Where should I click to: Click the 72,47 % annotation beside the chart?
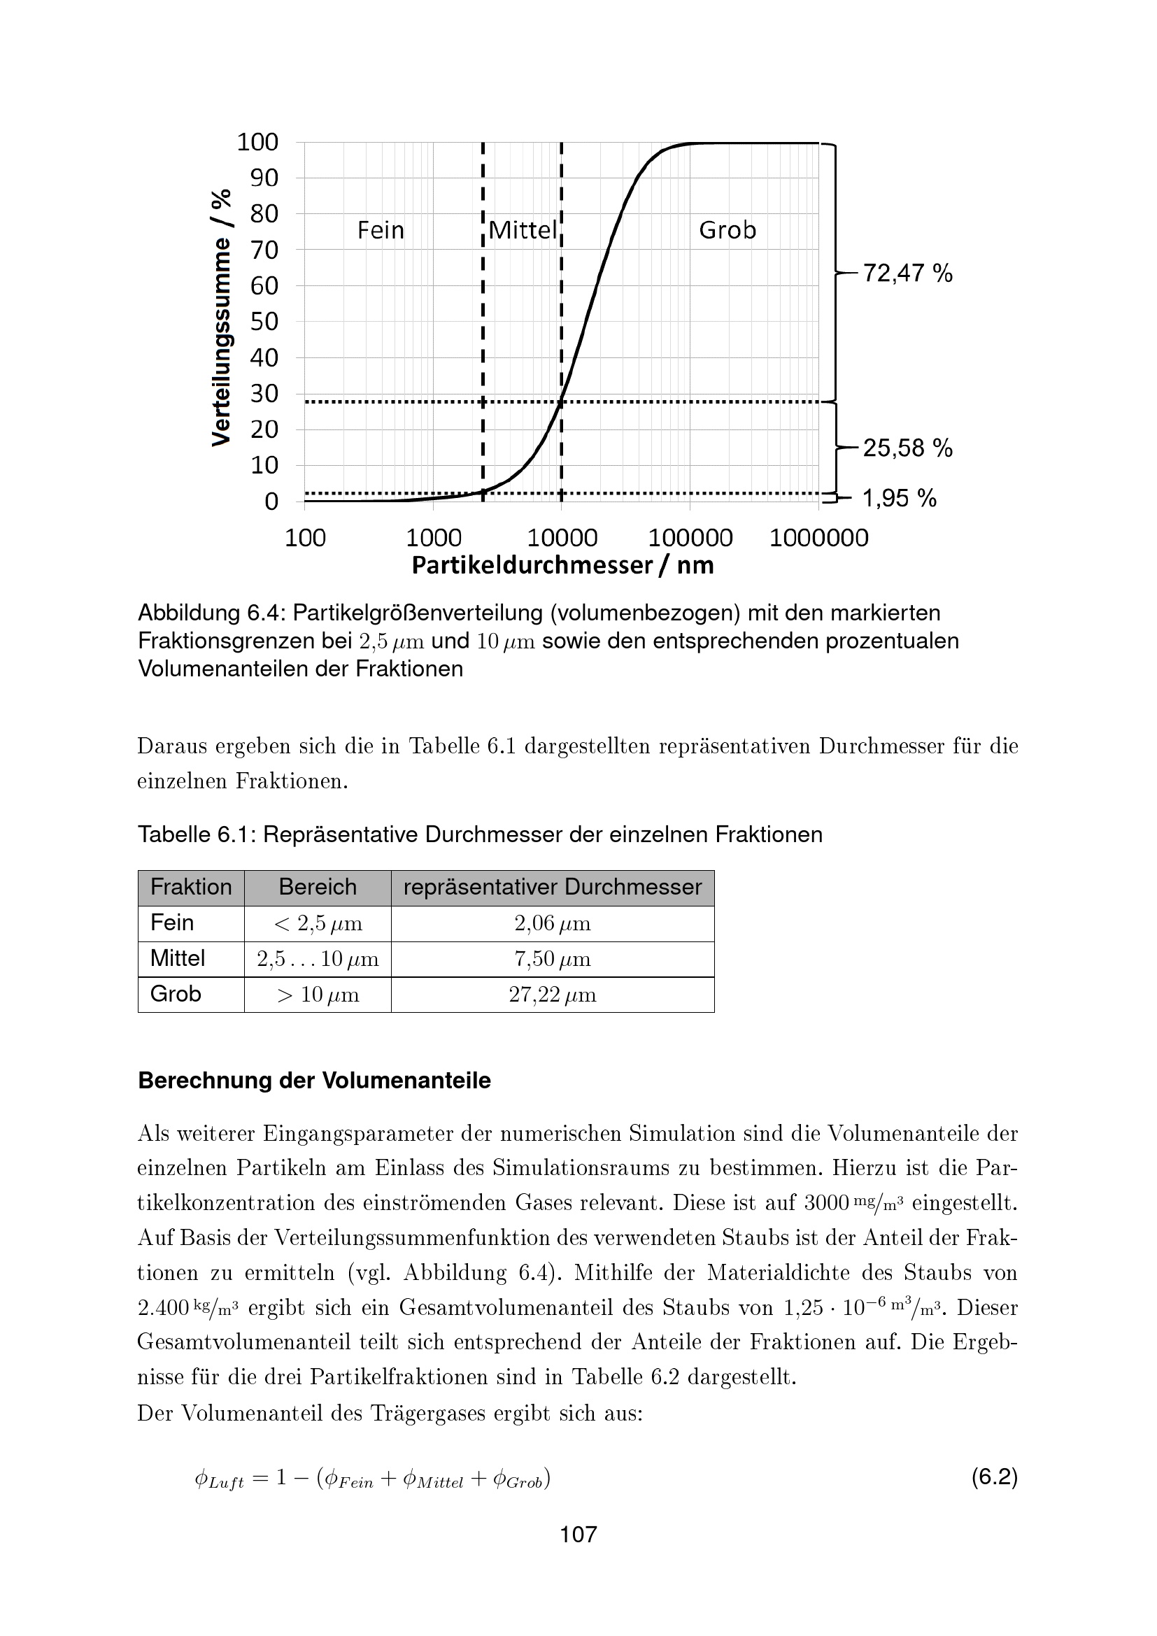pyautogui.click(x=907, y=273)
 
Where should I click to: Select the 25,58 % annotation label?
pyautogui.click(x=907, y=448)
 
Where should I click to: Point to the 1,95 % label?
pyautogui.click(x=899, y=498)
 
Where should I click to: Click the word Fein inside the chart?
pyautogui.click(x=381, y=230)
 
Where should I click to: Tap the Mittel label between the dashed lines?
pyautogui.click(x=523, y=230)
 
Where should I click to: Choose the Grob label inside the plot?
pyautogui.click(x=727, y=230)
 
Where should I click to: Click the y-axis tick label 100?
pyautogui.click(x=257, y=142)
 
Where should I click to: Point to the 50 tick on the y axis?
pyautogui.click(x=264, y=321)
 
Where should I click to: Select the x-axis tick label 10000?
pyautogui.click(x=562, y=537)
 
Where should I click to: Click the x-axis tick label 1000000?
pyautogui.click(x=818, y=537)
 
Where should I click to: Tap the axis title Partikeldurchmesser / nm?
pyautogui.click(x=562, y=565)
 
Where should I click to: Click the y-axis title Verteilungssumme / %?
pyautogui.click(x=222, y=318)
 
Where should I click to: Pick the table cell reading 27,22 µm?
pyautogui.click(x=552, y=995)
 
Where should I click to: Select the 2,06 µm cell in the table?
pyautogui.click(x=552, y=923)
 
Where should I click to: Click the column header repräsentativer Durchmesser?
pyautogui.click(x=552, y=887)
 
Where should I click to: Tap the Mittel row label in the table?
pyautogui.click(x=178, y=958)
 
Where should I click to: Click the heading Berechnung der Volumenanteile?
pyautogui.click(x=314, y=1080)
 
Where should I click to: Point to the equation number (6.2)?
pyautogui.click(x=994, y=1477)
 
